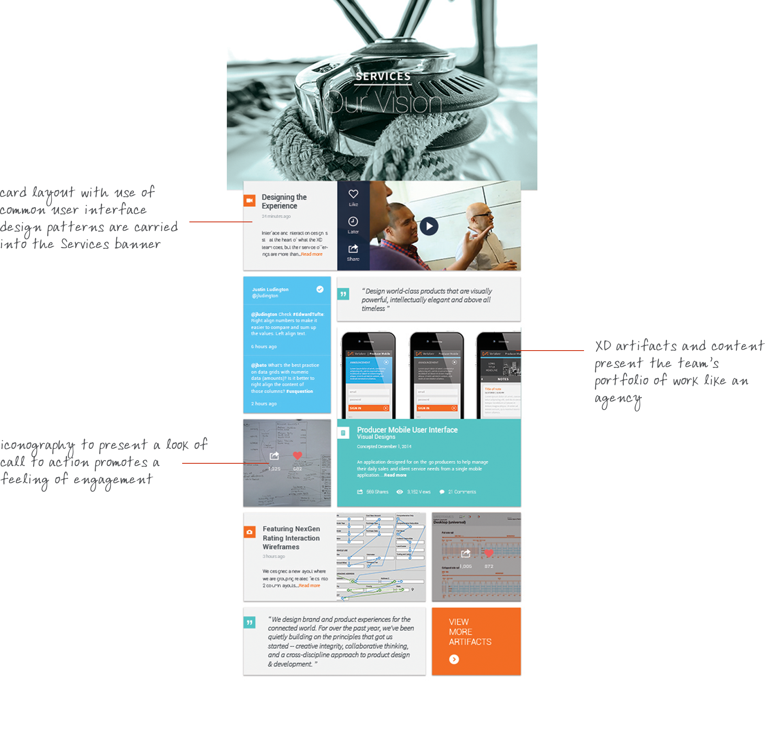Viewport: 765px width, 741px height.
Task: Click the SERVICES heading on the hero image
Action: [383, 76]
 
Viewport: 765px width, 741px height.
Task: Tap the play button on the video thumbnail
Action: [429, 226]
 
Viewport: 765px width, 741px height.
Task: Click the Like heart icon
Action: [353, 194]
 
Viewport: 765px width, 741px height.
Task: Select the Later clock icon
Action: [353, 222]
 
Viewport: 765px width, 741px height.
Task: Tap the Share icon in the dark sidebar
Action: [353, 249]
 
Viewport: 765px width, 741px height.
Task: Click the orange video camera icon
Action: [250, 200]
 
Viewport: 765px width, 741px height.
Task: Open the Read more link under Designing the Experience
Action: [312, 254]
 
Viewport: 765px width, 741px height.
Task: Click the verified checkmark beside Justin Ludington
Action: [320, 289]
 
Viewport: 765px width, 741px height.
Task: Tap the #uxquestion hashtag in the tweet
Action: [299, 391]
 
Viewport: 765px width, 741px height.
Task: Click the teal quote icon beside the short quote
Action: [343, 294]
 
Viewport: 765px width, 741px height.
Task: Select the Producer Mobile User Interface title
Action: [407, 430]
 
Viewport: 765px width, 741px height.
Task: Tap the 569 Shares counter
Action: [373, 492]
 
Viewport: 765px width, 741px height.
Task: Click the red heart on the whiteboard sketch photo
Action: [297, 455]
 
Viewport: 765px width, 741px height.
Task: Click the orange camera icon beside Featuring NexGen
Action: [250, 532]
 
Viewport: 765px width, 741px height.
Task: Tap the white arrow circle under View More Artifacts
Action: [454, 659]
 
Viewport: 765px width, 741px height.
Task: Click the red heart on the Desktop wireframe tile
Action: [489, 553]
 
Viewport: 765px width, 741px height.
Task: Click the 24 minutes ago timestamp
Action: [276, 216]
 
